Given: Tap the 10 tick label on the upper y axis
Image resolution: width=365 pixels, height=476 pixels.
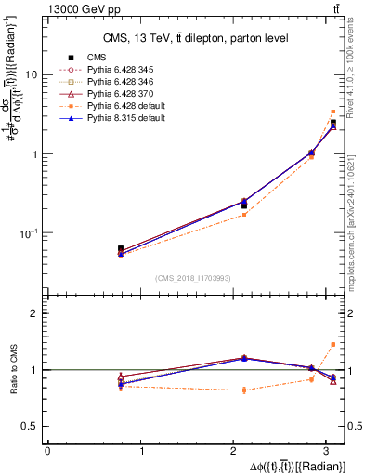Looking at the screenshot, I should coord(32,74).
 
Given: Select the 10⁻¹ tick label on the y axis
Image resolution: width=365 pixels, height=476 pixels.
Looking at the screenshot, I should coord(30,233).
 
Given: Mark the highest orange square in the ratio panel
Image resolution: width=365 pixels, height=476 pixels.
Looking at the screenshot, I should coord(333,344).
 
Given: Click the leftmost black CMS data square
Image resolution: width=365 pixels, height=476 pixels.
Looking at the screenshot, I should coord(121,249).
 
